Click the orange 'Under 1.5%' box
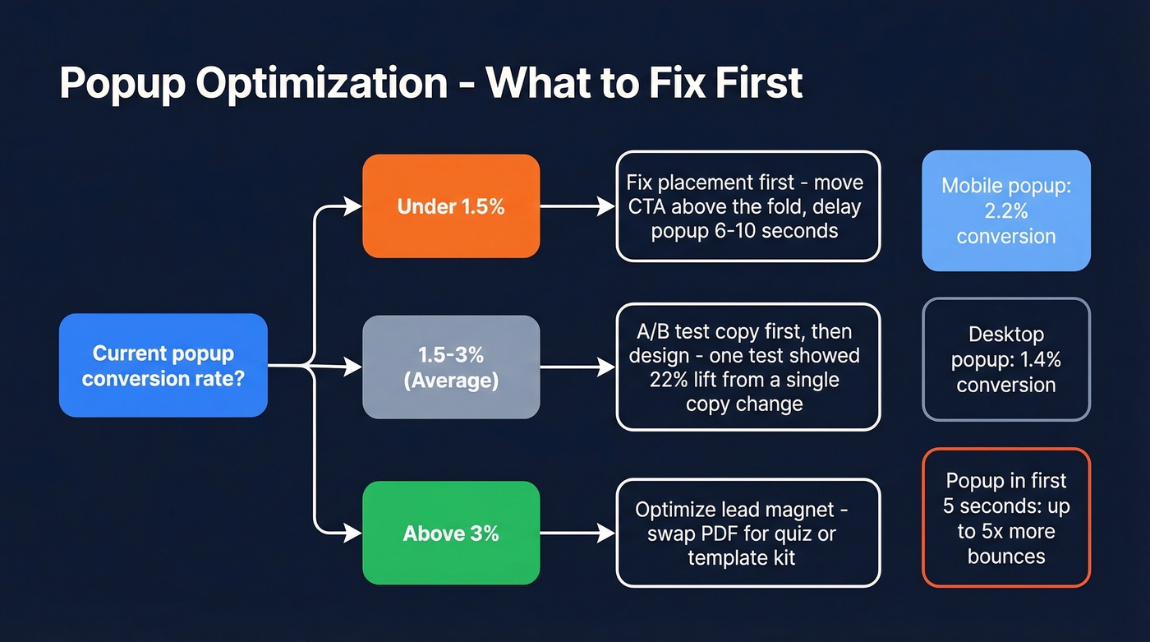tap(451, 206)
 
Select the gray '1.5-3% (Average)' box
tap(451, 367)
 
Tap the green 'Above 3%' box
tap(451, 533)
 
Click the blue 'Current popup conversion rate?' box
tap(163, 365)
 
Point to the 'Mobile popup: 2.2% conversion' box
tap(1005, 210)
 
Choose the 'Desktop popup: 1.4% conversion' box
tap(1005, 359)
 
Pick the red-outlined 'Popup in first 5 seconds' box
tap(1005, 518)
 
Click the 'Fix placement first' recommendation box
tap(747, 206)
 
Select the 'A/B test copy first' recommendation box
tap(747, 367)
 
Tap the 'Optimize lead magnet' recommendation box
tap(747, 533)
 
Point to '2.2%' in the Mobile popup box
tap(1005, 211)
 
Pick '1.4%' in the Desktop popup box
tap(1042, 360)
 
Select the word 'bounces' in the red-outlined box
tap(1005, 556)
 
